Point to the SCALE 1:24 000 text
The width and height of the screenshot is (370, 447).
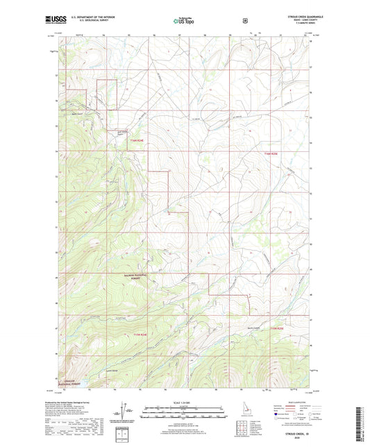point(184,403)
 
